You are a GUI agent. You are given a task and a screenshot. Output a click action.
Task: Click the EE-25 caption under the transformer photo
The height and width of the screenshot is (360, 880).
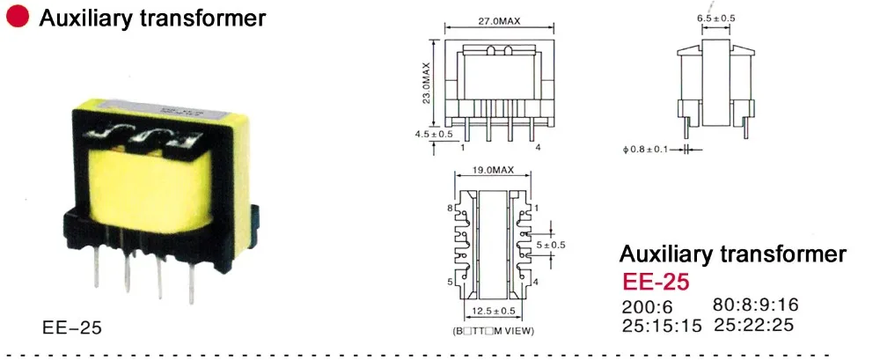pos(72,328)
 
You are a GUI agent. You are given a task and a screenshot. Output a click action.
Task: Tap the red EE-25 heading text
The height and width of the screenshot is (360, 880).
pos(656,283)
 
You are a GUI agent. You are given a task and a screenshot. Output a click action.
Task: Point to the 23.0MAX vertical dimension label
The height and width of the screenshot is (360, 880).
pos(427,83)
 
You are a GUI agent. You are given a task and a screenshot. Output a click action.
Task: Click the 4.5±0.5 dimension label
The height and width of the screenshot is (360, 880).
pos(434,134)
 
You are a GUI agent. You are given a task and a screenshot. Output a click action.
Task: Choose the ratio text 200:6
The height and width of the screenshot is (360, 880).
pos(647,307)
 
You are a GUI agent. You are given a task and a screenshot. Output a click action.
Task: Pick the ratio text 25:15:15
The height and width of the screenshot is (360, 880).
pos(661,326)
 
